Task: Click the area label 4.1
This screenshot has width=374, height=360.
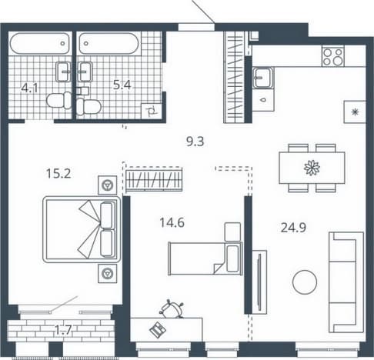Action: point(29,88)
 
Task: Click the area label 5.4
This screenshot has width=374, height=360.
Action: point(122,85)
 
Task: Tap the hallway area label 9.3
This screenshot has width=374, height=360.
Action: point(195,142)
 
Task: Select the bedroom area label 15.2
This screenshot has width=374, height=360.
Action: point(58,174)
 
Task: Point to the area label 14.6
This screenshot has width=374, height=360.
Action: point(172,222)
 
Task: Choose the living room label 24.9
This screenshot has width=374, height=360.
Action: point(293,228)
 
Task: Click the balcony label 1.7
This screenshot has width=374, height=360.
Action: point(63,330)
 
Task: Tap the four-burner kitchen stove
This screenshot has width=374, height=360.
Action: point(333,57)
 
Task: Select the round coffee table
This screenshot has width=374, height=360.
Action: point(305,282)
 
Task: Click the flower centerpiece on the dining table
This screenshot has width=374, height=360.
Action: point(312,168)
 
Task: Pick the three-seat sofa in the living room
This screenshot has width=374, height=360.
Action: point(346,282)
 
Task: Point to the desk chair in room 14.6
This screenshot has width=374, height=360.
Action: point(172,309)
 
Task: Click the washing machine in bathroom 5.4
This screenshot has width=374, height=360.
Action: point(152,112)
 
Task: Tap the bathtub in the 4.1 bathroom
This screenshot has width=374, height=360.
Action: point(40,43)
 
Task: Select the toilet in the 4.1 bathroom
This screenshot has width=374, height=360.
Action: point(59,100)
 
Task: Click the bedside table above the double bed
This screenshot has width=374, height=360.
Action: point(108,185)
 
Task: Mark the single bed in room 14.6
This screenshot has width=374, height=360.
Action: point(205,258)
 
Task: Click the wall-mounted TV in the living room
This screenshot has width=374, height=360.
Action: point(259,282)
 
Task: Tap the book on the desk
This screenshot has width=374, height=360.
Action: point(158,330)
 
